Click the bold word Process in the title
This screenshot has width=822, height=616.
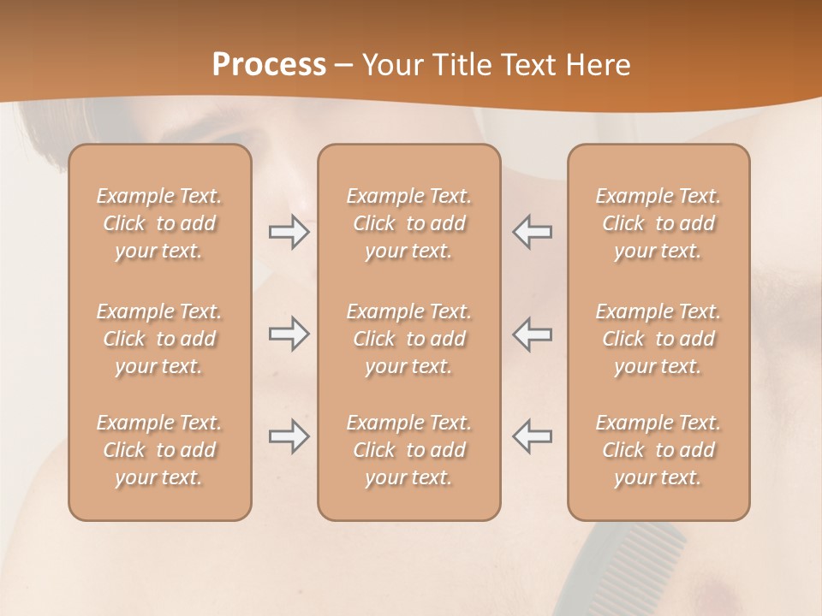click(269, 65)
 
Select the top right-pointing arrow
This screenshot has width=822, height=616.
click(289, 232)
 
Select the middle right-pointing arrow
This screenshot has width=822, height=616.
click(289, 334)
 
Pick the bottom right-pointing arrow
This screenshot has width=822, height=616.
click(289, 436)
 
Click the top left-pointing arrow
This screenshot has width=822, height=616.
click(532, 232)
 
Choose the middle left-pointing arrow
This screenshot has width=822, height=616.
click(532, 334)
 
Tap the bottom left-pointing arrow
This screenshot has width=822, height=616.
click(532, 436)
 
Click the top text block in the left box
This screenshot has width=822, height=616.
click(159, 223)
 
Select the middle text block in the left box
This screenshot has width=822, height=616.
click(159, 339)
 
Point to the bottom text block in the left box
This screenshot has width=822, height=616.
click(159, 450)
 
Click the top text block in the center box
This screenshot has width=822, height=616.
click(408, 223)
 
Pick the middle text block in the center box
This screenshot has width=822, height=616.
click(408, 339)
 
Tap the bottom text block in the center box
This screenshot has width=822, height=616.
click(408, 450)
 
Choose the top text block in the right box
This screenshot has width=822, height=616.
click(658, 223)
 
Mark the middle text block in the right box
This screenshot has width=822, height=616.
click(658, 339)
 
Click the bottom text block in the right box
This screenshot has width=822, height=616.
click(658, 450)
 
